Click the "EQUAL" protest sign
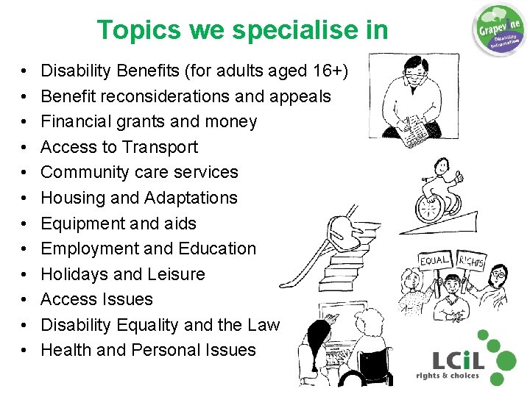435,260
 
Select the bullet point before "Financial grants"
25,122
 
